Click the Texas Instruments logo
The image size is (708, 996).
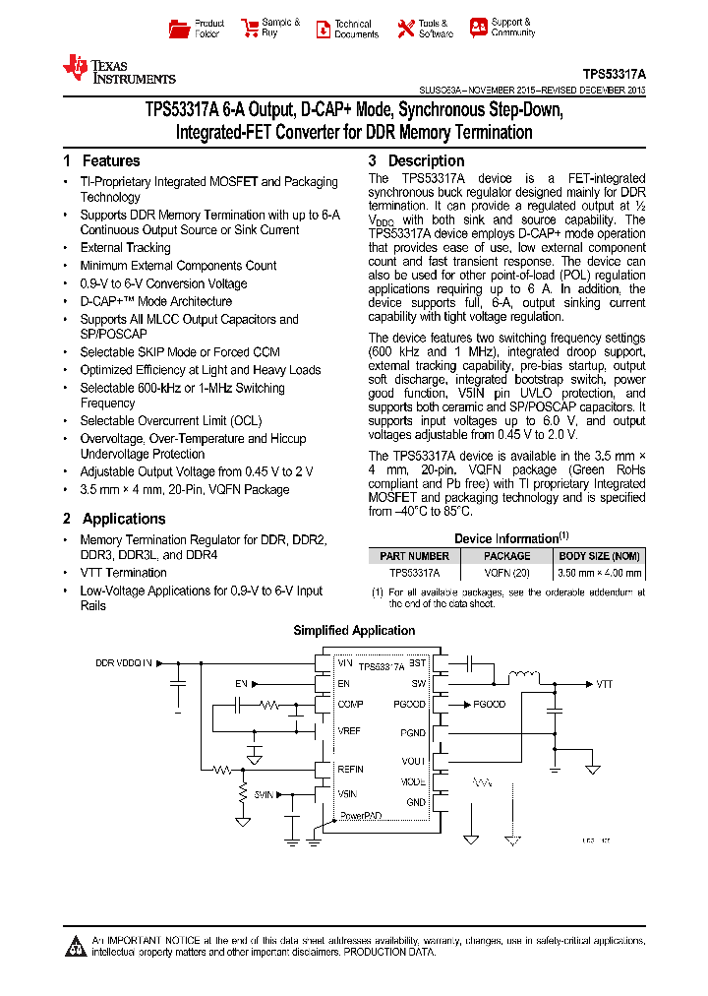(118, 69)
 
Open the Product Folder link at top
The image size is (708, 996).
(198, 29)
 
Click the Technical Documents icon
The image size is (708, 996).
(323, 29)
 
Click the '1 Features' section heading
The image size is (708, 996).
(101, 160)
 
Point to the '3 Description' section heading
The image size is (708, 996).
(416, 160)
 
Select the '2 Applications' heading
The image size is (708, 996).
(114, 519)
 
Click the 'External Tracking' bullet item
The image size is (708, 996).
(125, 248)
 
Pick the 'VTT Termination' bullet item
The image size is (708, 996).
(123, 573)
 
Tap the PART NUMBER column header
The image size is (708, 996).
(414, 556)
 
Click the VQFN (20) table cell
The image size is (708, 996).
(507, 572)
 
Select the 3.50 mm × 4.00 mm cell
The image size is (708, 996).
(600, 572)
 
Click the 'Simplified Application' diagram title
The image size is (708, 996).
(354, 631)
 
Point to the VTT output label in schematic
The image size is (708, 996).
(604, 683)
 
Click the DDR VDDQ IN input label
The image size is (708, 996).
(124, 664)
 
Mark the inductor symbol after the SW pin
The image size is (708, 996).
(522, 677)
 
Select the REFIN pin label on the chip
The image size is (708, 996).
(350, 770)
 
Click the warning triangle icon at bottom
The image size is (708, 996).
(76, 946)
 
